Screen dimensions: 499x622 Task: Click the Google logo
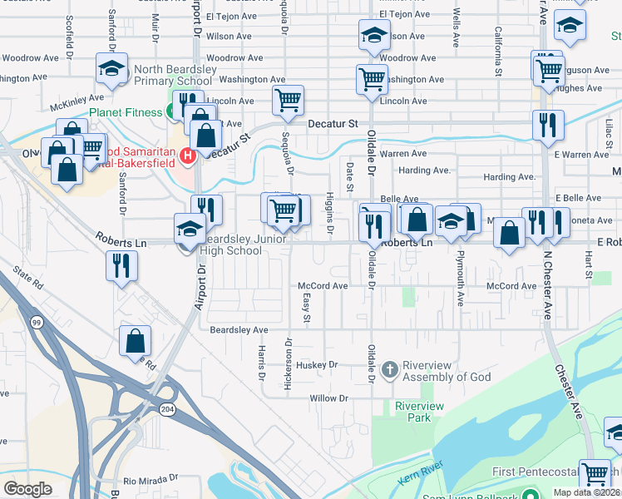[27, 489]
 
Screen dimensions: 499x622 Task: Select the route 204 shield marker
[169, 408]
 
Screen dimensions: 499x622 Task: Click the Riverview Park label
[419, 411]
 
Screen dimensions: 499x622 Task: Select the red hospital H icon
[187, 155]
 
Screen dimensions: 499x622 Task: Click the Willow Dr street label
[328, 398]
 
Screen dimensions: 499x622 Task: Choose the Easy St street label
[307, 308]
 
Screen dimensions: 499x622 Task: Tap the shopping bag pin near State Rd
[135, 342]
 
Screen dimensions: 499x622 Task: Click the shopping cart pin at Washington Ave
[372, 80]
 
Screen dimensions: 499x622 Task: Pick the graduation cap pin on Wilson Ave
[374, 36]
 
